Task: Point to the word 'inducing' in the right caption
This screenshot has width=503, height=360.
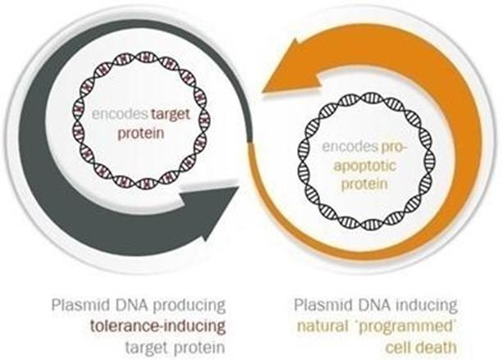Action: point(418,304)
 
